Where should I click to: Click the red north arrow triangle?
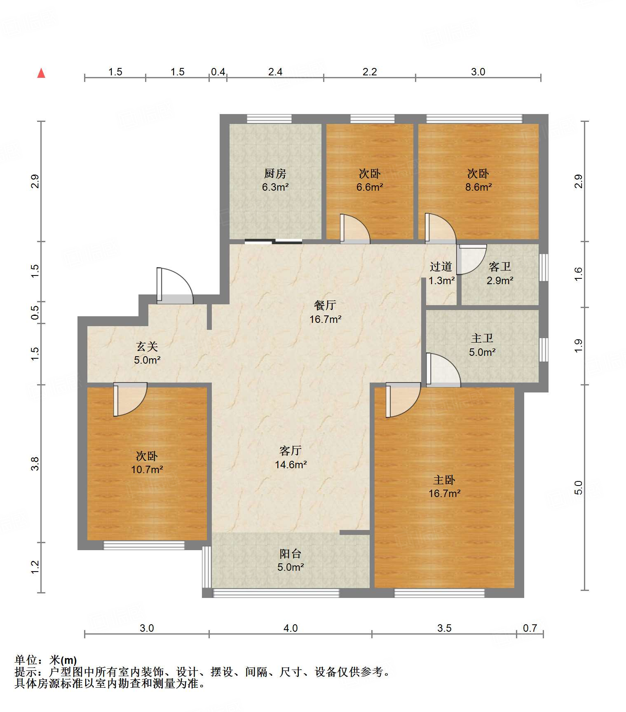click(41, 73)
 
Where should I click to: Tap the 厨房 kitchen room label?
click(275, 173)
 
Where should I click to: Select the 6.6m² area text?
click(370, 187)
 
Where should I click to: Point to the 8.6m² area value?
click(478, 187)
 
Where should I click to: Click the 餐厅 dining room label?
click(325, 305)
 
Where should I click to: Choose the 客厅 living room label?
click(291, 451)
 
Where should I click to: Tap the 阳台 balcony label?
click(291, 553)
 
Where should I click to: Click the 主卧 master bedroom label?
click(444, 480)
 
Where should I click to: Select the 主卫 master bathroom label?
click(482, 338)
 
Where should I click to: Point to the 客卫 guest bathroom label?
click(500, 266)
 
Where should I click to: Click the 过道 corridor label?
click(441, 266)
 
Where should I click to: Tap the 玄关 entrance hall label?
click(147, 346)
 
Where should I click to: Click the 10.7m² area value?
click(147, 469)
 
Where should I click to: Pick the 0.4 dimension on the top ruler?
click(218, 72)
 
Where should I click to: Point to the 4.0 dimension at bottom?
click(291, 628)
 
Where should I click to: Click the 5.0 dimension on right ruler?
click(579, 488)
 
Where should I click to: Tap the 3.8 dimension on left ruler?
click(35, 464)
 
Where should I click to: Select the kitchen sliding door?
click(273, 241)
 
